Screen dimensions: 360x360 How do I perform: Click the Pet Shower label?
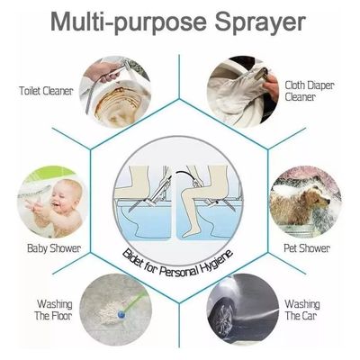click(x=308, y=247)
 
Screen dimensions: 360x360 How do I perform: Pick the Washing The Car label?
click(x=302, y=310)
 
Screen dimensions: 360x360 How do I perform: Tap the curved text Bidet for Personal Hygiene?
click(x=179, y=261)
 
